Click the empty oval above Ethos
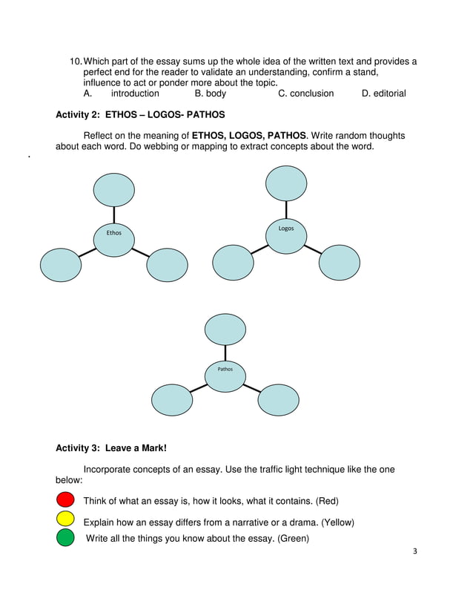click(x=114, y=189)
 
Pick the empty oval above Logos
click(x=286, y=183)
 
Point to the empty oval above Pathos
click(x=225, y=330)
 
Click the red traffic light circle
click(x=65, y=499)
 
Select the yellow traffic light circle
click(x=65, y=518)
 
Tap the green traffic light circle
click(x=65, y=537)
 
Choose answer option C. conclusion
click(x=305, y=94)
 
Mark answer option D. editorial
click(x=383, y=94)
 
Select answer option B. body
click(x=211, y=94)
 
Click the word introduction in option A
click(x=135, y=94)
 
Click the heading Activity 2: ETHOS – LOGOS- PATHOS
click(x=140, y=115)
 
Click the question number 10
click(x=74, y=61)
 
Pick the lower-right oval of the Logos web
click(x=340, y=263)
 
